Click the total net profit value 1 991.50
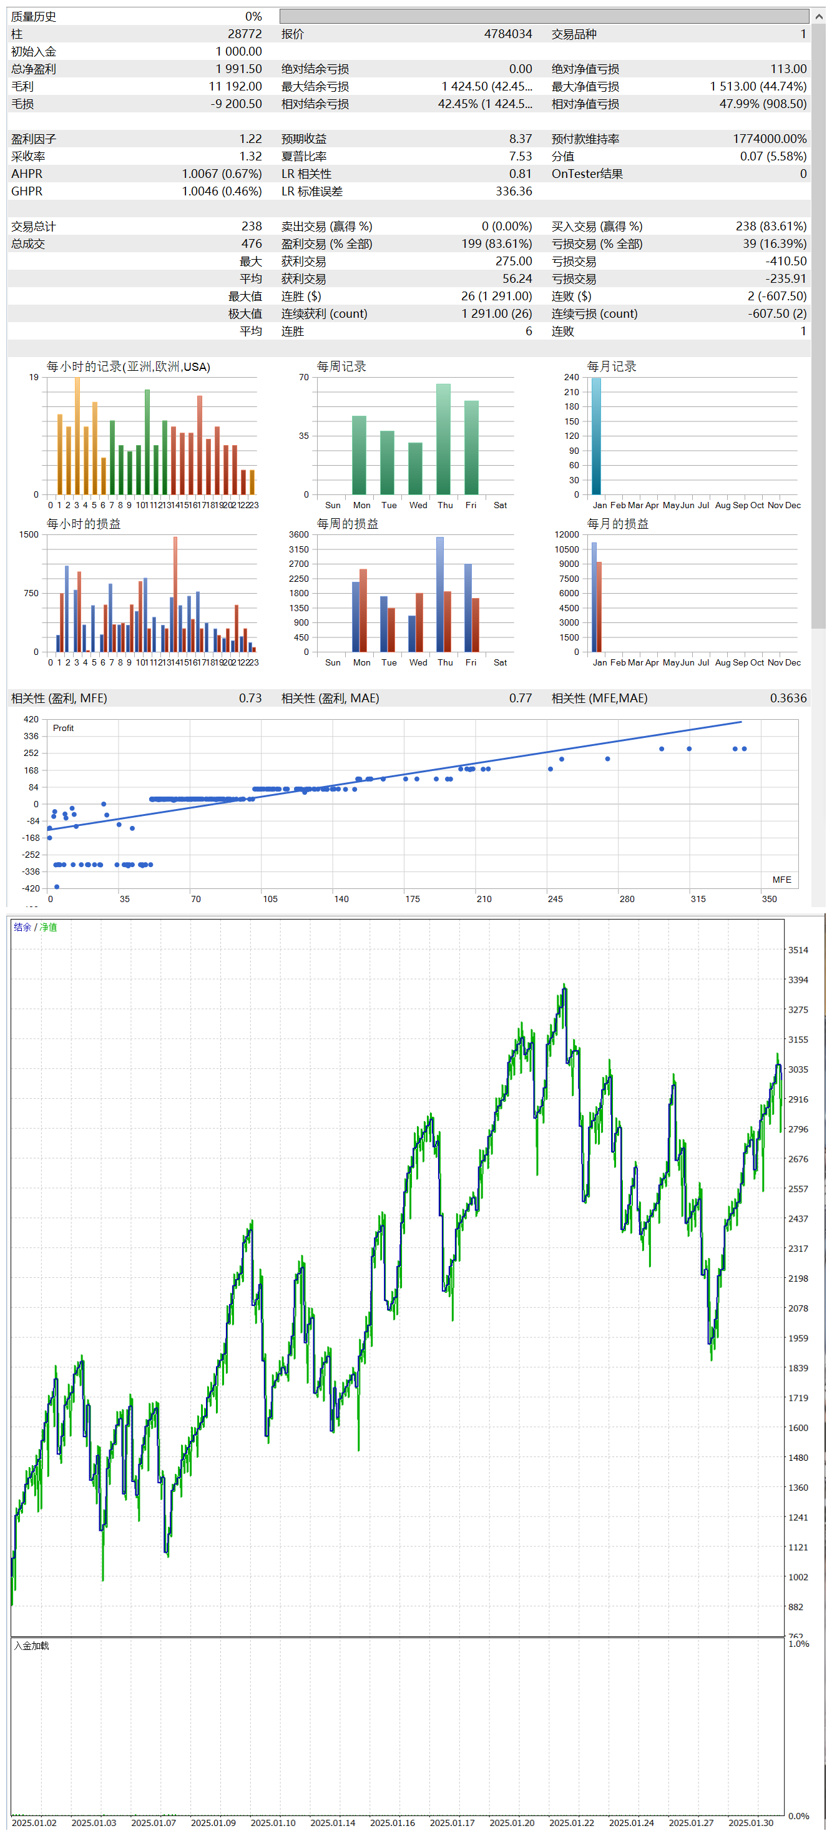pos(238,69)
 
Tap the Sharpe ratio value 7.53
pos(520,156)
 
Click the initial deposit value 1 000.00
pos(238,51)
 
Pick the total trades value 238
pos(252,226)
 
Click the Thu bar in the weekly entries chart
pos(443,438)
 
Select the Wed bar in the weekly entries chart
pos(415,468)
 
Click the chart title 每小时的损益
pos(84,524)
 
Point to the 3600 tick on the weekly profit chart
pos(298,534)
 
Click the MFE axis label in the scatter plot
pos(781,880)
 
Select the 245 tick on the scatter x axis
pos(555,899)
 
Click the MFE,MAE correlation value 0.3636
pos(788,699)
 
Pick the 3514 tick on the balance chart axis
pos(798,950)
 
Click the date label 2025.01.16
pos(393,1822)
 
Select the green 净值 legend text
pos(49,927)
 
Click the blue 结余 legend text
pos(22,927)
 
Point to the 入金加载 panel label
pos(31,1646)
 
